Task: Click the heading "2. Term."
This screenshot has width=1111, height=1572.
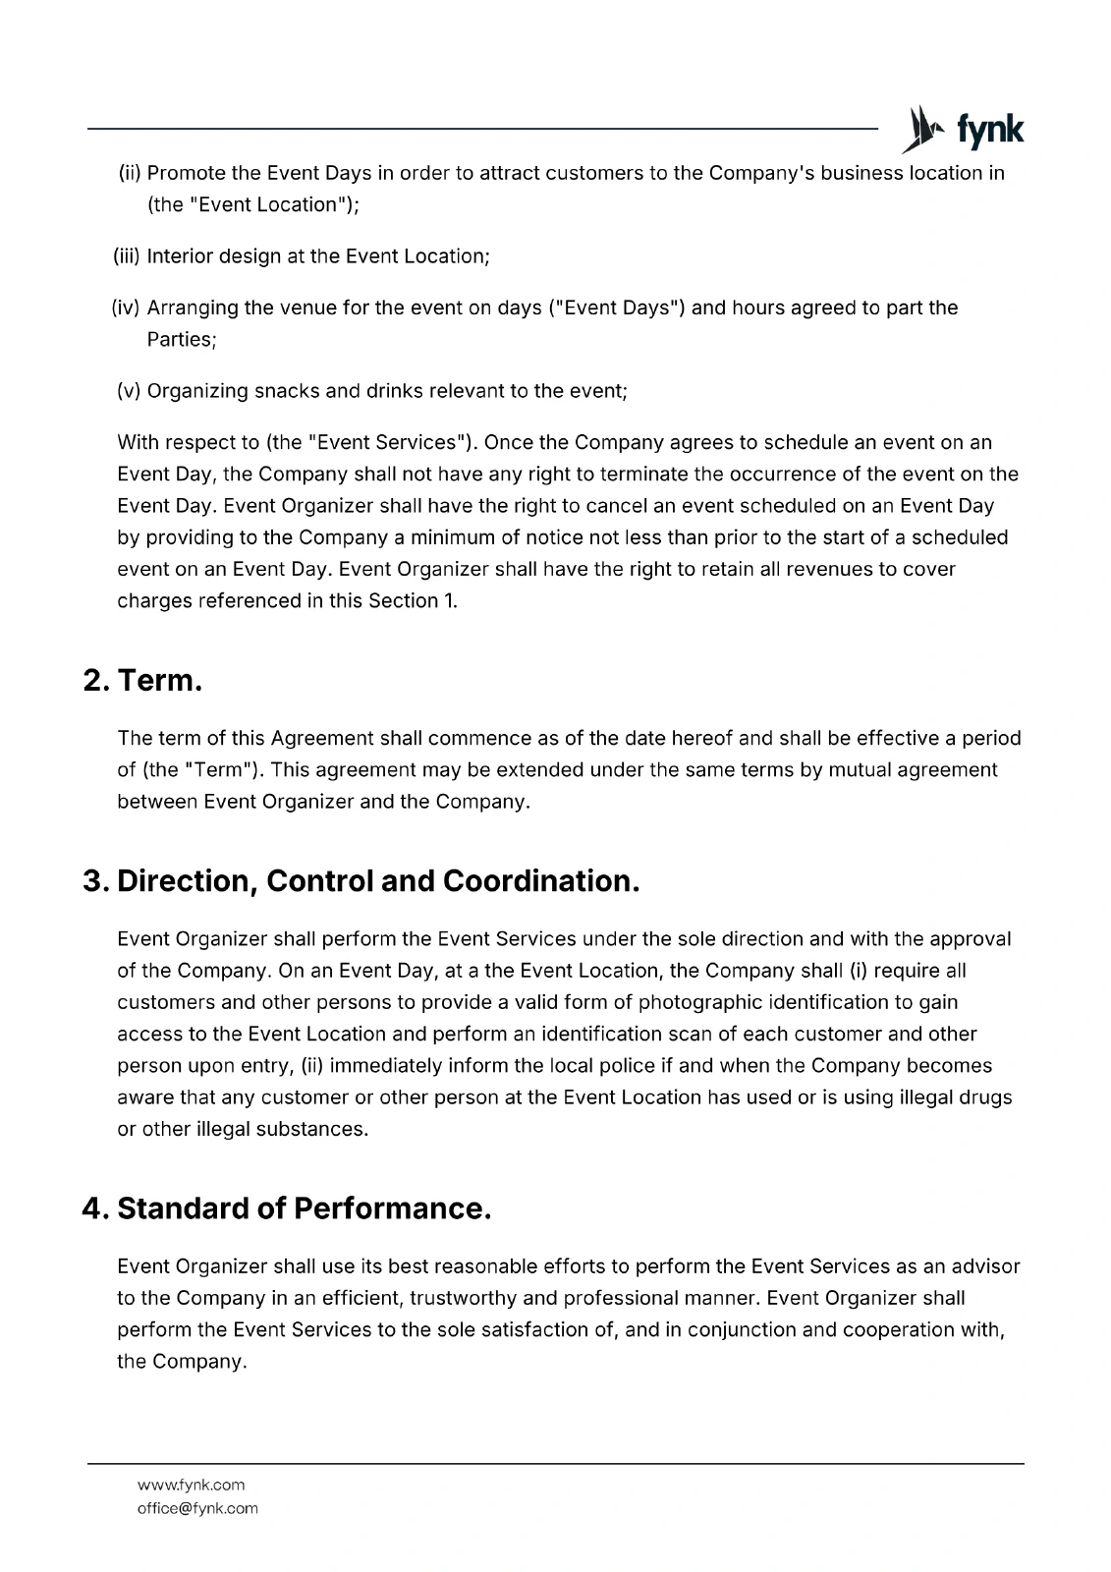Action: pyautogui.click(x=142, y=680)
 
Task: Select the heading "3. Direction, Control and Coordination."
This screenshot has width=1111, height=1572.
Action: pyautogui.click(x=361, y=880)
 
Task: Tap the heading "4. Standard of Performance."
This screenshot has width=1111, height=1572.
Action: pyautogui.click(x=286, y=1207)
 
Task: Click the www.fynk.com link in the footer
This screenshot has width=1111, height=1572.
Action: pyautogui.click(x=191, y=1485)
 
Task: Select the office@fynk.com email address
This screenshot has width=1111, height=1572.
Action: pyautogui.click(x=197, y=1508)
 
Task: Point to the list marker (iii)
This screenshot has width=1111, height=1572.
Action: pyautogui.click(x=128, y=256)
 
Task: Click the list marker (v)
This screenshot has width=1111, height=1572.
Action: pyautogui.click(x=129, y=391)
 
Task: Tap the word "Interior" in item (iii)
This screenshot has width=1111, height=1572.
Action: pyautogui.click(x=179, y=256)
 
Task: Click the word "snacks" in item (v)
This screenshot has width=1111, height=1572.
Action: pyautogui.click(x=286, y=391)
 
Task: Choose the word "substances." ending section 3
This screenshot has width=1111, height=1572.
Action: pyautogui.click(x=312, y=1129)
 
